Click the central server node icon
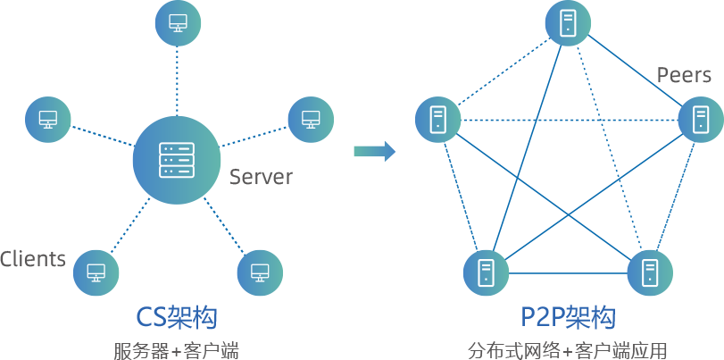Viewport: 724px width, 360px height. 177,160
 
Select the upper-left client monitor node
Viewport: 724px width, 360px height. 47,118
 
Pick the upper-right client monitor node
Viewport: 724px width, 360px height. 311,118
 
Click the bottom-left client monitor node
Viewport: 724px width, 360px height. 96,272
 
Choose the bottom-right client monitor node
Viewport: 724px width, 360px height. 260,272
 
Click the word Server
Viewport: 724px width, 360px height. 261,177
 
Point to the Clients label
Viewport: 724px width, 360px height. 33,259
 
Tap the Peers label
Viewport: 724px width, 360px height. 684,74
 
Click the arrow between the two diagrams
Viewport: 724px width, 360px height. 374,151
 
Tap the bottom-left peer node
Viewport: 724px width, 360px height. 486,272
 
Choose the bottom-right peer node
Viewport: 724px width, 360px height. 649,272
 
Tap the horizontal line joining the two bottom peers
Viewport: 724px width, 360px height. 568,272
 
